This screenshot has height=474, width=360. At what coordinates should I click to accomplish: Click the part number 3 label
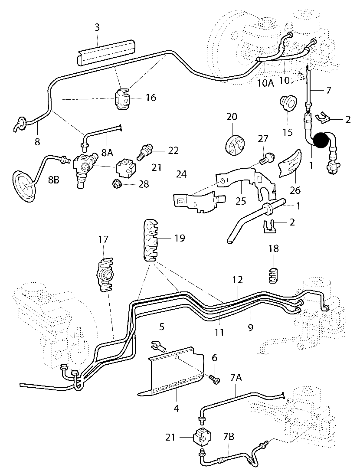click(x=97, y=27)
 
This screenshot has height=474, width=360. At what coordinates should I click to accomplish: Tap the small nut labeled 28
click(x=117, y=184)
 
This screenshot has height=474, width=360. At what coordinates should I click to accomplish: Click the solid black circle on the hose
click(x=323, y=141)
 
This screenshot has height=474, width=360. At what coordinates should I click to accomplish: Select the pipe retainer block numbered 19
click(x=150, y=240)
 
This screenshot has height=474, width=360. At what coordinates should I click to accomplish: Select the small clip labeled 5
click(x=157, y=345)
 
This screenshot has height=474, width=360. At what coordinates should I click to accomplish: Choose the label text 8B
click(x=54, y=180)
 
